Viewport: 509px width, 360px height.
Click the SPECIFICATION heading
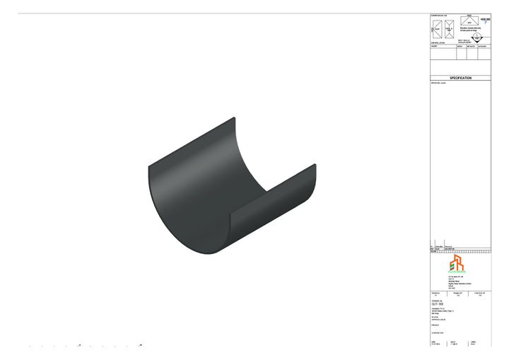(460, 78)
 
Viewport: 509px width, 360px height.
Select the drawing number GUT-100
(437, 303)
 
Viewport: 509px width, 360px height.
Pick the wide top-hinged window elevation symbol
(469, 22)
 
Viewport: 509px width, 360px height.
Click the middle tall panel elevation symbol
(448, 29)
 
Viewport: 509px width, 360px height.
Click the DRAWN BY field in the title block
(456, 294)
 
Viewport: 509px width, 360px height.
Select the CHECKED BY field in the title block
(481, 294)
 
